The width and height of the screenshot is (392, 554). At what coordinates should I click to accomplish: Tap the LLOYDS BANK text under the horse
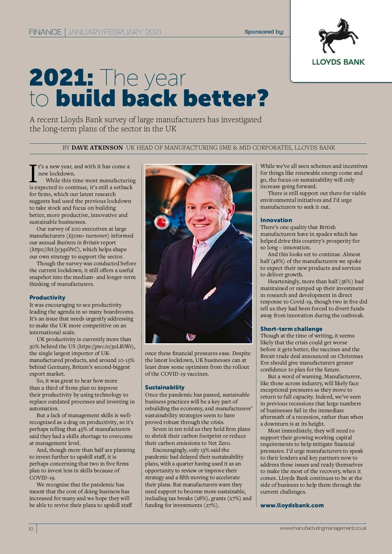338,62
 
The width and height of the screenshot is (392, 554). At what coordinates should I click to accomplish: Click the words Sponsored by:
264,32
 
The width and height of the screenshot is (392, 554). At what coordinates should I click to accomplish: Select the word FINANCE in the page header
45,32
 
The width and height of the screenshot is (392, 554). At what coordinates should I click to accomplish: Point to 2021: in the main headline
61,78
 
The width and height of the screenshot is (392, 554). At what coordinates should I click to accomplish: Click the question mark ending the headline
262,98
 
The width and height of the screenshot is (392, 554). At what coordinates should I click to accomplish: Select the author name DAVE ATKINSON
97,148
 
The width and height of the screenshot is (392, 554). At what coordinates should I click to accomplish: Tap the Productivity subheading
47,298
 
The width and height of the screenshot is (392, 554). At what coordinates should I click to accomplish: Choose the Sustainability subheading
165,387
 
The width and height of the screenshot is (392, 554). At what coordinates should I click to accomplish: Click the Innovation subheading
276,220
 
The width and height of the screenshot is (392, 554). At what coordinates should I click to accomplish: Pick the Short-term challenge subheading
291,329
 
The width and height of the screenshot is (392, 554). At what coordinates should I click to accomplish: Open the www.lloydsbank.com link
292,505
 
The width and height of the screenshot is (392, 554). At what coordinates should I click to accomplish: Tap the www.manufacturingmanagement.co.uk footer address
323,528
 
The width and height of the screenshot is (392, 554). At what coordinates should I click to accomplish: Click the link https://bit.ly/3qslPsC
55,250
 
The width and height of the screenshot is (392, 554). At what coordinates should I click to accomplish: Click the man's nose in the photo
200,216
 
